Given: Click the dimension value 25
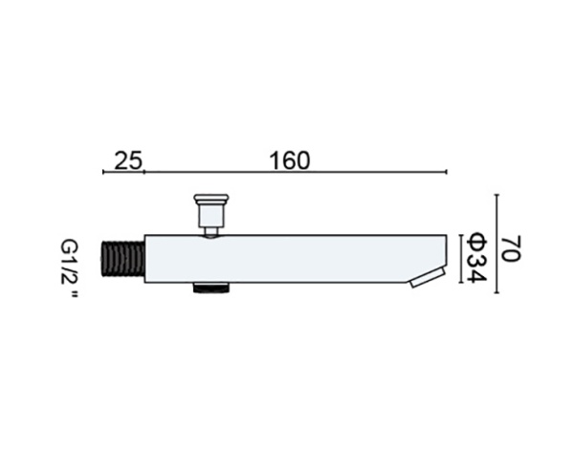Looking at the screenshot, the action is point(128,160).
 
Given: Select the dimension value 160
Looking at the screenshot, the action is point(290,160).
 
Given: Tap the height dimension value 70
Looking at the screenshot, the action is point(510,248).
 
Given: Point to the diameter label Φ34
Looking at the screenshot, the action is point(477,258).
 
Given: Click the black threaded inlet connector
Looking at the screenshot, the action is point(122,258).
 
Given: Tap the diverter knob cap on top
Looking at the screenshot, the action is point(211,200).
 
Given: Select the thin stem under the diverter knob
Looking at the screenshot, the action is point(211,232).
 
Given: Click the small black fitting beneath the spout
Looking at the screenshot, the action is point(211,287).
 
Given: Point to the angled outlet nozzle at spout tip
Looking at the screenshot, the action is point(428,277).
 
